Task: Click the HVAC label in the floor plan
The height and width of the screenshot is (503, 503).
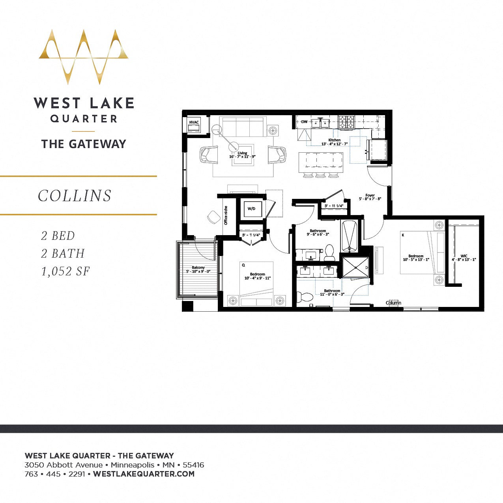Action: (x=194, y=122)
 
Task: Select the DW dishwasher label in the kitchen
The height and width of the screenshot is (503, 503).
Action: (x=304, y=122)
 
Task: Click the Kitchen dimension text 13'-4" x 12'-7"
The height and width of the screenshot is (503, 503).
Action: (x=334, y=144)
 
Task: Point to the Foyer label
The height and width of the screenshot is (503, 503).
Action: (x=370, y=195)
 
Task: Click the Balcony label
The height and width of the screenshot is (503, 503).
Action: (x=198, y=267)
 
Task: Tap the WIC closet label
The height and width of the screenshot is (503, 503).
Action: (x=464, y=256)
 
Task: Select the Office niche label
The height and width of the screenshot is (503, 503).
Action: (x=226, y=215)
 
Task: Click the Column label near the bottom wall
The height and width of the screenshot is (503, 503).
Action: (x=393, y=303)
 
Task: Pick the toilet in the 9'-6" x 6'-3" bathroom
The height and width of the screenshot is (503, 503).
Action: (x=329, y=252)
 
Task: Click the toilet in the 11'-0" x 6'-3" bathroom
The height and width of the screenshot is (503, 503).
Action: (x=304, y=296)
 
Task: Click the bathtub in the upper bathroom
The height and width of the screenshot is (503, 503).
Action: (x=349, y=236)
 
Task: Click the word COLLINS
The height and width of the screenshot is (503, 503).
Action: (x=75, y=196)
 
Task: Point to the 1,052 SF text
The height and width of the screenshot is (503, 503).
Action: (x=65, y=271)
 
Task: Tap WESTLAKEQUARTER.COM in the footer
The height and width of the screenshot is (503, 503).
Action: (x=144, y=474)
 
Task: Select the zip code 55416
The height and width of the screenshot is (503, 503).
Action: (x=193, y=465)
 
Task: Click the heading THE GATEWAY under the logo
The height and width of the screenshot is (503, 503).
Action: (x=84, y=144)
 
